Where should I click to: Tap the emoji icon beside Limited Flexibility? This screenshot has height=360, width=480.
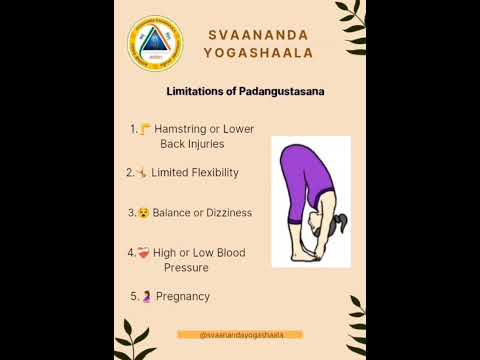click(143, 173)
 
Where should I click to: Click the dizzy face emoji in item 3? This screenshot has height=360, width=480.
click(144, 213)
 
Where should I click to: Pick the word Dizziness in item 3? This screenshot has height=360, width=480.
click(227, 213)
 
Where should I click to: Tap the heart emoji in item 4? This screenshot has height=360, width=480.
click(144, 253)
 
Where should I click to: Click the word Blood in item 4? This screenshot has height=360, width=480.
click(230, 253)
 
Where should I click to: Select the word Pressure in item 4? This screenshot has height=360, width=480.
click(186, 268)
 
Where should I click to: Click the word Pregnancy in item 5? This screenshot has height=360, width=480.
click(183, 296)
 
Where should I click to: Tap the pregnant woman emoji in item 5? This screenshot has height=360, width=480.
click(146, 296)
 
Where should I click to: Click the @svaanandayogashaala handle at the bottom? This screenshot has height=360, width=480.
click(239, 335)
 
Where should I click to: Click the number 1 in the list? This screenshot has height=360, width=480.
click(133, 129)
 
